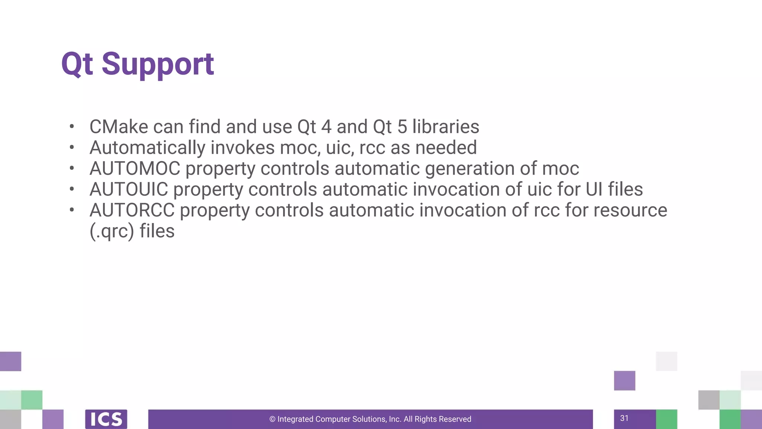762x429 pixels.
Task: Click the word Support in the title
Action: coord(158,64)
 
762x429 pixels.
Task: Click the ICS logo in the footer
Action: coord(106,419)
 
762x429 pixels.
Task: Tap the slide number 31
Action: coord(624,418)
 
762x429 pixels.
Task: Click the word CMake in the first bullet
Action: coord(119,127)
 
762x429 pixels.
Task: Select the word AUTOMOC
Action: coord(135,169)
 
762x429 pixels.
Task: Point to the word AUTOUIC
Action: coord(129,190)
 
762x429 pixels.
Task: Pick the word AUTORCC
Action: coord(132,210)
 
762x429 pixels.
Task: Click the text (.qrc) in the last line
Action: coord(112,231)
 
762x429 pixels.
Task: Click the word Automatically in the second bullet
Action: coord(147,148)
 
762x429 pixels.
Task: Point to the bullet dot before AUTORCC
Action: coord(72,210)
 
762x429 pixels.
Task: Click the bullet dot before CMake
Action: coord(72,127)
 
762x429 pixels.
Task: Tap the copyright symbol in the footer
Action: coord(272,419)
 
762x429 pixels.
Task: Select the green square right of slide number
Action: coord(666,419)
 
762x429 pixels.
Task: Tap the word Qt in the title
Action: coord(77,64)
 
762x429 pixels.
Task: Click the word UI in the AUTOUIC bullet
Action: coord(594,190)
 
